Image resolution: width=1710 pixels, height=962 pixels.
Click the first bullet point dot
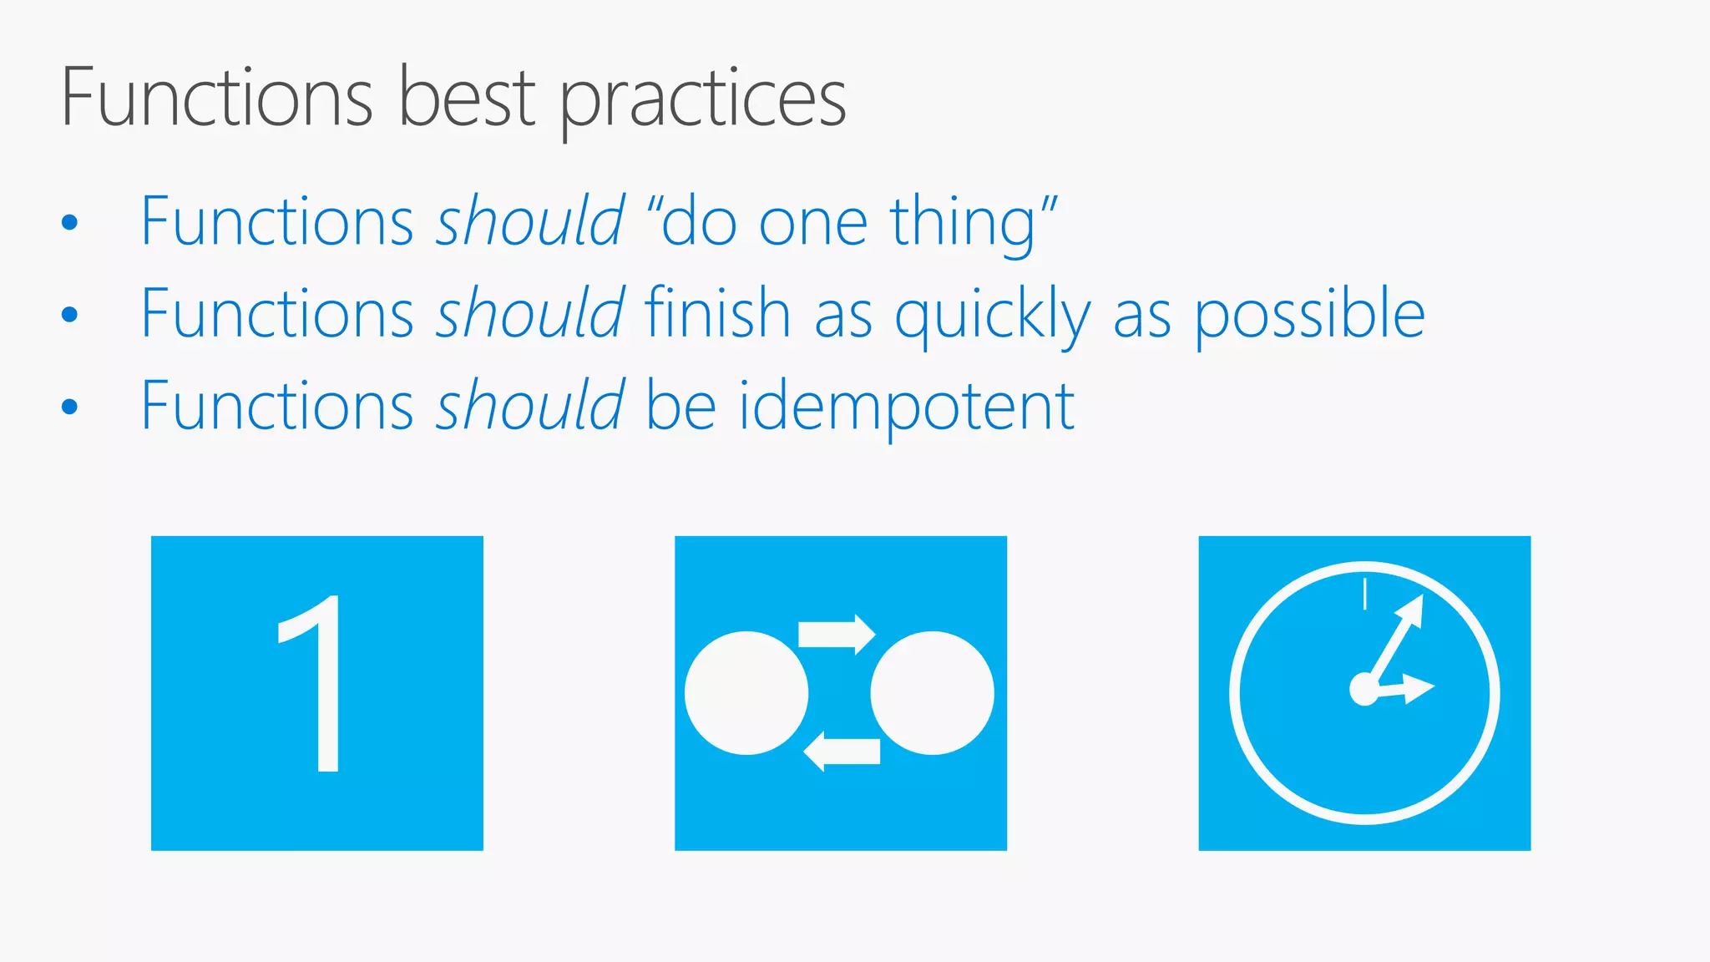pos(69,222)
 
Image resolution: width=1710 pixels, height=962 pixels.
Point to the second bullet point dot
pos(69,314)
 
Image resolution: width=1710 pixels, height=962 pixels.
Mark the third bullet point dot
pos(69,407)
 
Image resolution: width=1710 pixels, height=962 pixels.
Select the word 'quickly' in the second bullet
pos(992,316)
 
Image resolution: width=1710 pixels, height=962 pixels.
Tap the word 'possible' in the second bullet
pos(1309,316)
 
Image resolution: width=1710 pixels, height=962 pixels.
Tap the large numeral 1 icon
pos(313,685)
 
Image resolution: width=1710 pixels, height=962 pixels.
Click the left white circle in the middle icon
pos(746,693)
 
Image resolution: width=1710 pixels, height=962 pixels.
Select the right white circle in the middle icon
pos(932,693)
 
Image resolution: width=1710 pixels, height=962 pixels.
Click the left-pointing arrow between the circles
pos(842,751)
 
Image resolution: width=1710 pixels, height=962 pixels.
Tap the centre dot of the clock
pos(1364,690)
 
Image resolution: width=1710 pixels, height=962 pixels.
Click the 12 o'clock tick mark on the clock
pos(1365,594)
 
